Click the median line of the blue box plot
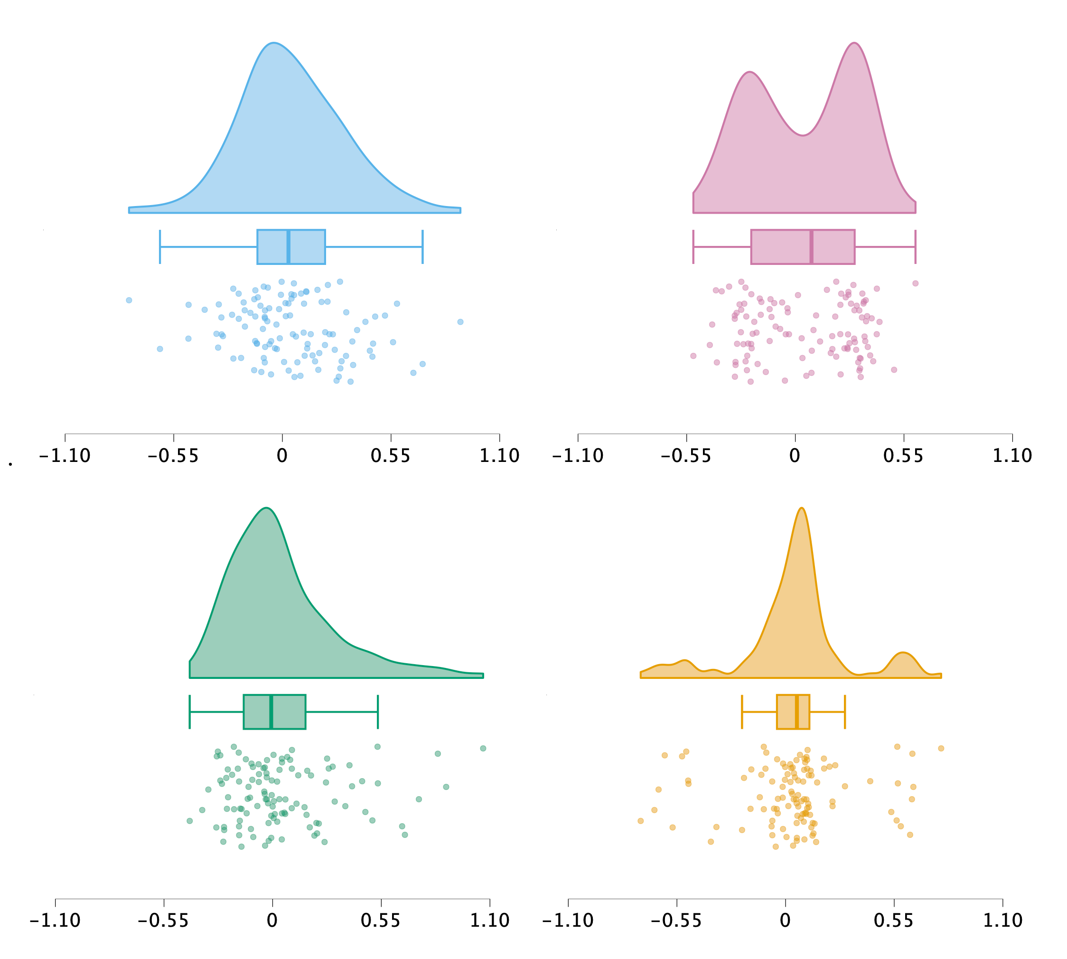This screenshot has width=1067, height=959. (288, 246)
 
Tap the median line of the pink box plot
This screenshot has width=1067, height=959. (811, 246)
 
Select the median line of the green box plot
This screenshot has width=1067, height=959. (271, 712)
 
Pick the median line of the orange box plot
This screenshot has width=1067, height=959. (797, 712)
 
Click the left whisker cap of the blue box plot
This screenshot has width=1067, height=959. (159, 246)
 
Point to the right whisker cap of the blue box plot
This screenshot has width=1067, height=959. (422, 246)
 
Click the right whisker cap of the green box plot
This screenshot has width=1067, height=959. (378, 712)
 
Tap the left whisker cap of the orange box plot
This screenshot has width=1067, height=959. (742, 712)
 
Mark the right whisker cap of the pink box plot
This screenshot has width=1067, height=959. (915, 246)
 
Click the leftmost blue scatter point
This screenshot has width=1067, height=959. (129, 301)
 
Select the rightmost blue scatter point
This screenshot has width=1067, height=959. (460, 322)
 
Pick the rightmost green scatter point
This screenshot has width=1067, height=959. (483, 748)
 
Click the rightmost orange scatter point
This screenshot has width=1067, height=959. (941, 748)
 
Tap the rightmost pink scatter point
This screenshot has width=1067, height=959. (915, 283)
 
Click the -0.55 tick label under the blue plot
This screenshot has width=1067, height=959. (173, 456)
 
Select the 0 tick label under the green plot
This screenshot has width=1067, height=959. (272, 921)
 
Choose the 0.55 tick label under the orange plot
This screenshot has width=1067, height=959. (894, 921)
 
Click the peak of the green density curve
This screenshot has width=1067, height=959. (267, 508)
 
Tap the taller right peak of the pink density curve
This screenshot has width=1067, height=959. (854, 43)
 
